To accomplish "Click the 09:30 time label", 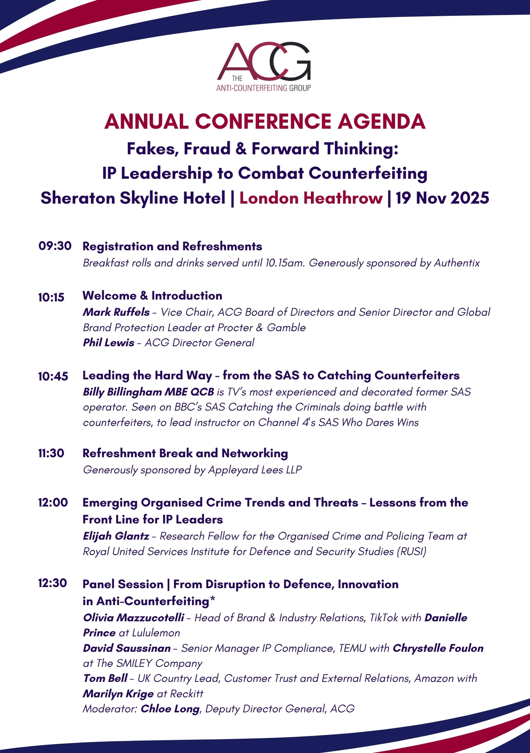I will [x=55, y=246].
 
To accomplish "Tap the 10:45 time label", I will [x=53, y=376].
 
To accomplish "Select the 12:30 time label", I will [x=53, y=583].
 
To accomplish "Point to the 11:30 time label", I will [x=51, y=453].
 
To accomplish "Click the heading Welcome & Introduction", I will [x=152, y=296].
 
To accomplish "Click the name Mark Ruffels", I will [x=116, y=312].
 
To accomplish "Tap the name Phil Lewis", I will [x=108, y=343].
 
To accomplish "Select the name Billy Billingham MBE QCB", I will [x=148, y=392].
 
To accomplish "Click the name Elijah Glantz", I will [x=116, y=536].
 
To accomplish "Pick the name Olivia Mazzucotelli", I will [x=134, y=618].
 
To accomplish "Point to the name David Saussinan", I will [x=127, y=648].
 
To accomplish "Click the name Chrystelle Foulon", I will [x=438, y=648].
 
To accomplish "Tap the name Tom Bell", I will [x=105, y=678].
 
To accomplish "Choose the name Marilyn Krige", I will [x=118, y=694].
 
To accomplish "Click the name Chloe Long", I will [x=170, y=709].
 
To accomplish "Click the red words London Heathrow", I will [x=311, y=198].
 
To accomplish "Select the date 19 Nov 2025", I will [x=442, y=198].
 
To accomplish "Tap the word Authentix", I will [x=457, y=263].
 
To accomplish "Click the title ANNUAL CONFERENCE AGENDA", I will [x=265, y=122].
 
